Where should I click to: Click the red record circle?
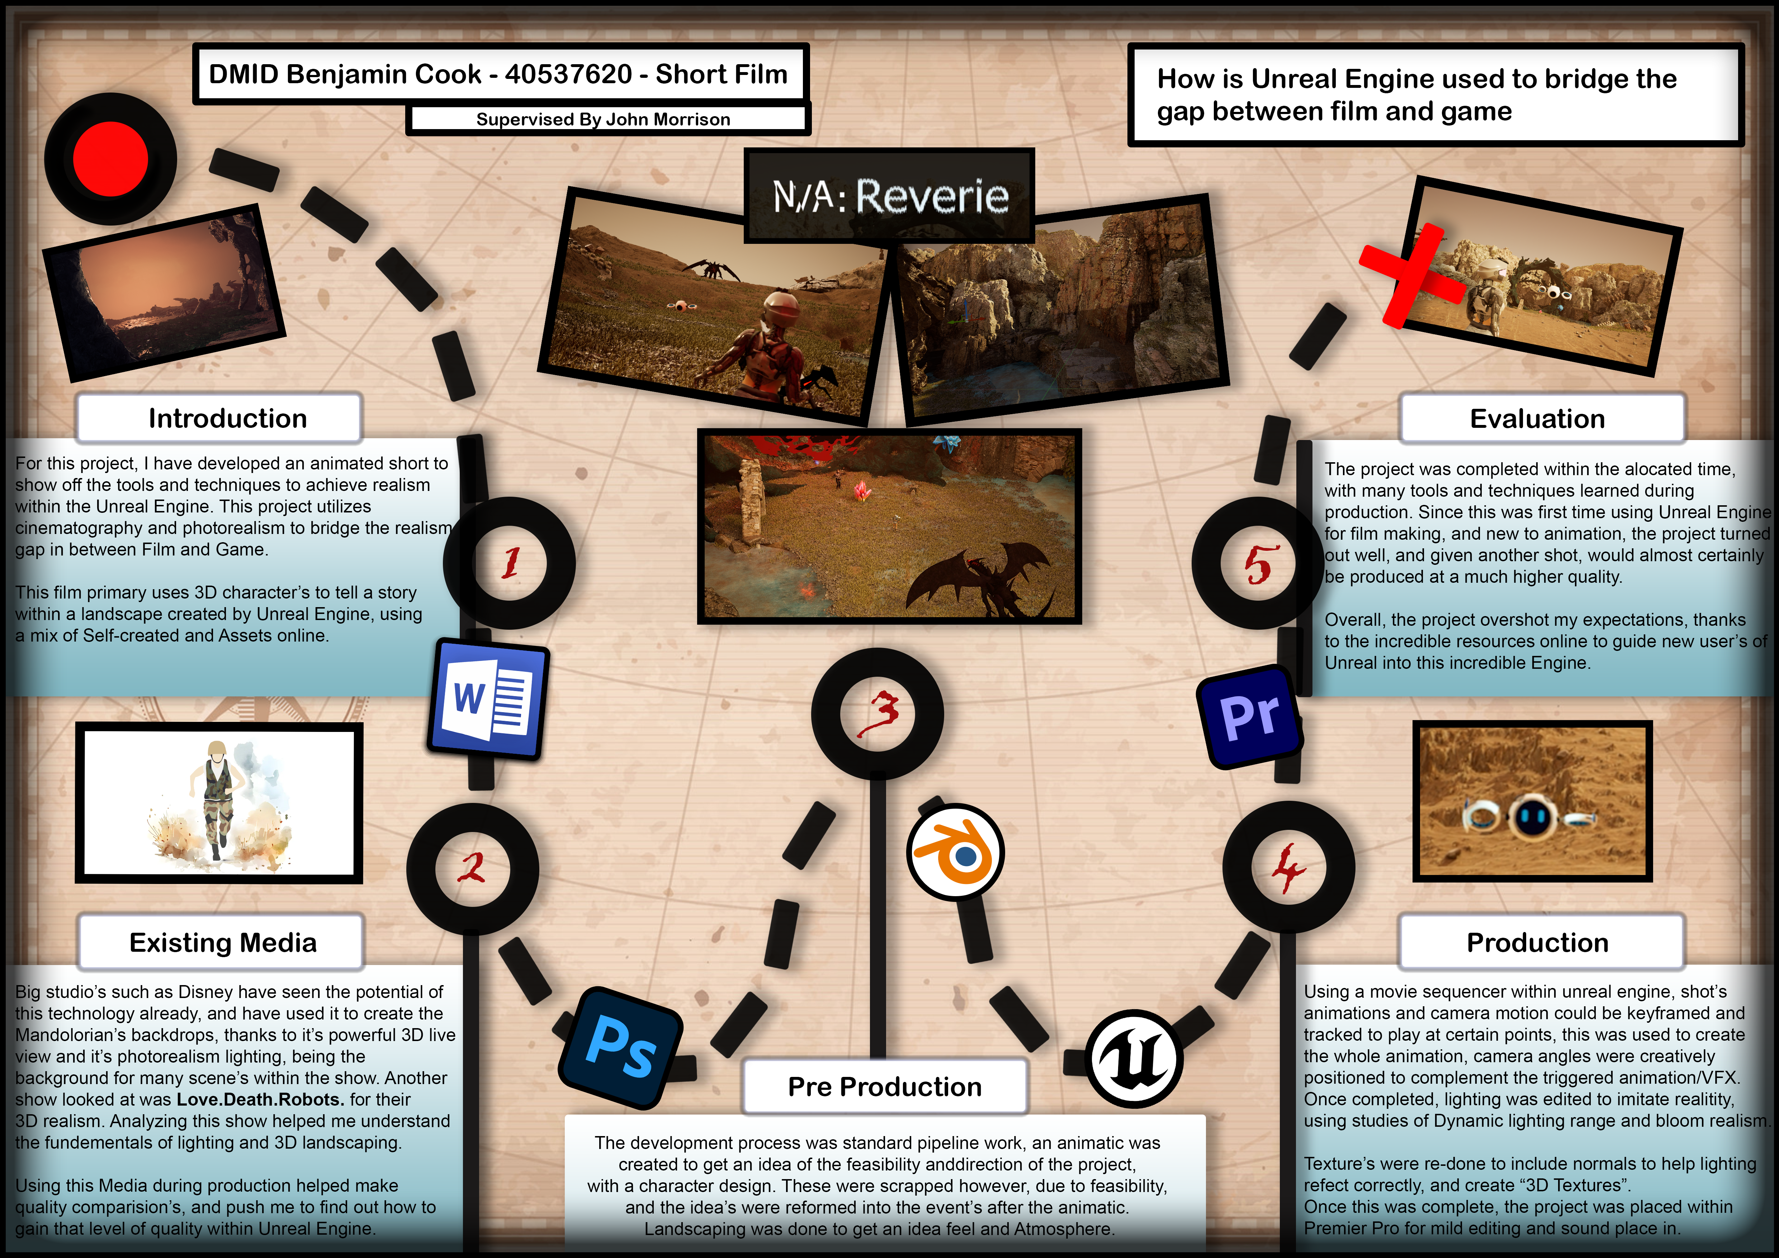111,159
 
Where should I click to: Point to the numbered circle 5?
1258,563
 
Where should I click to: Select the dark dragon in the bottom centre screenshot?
980,580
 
